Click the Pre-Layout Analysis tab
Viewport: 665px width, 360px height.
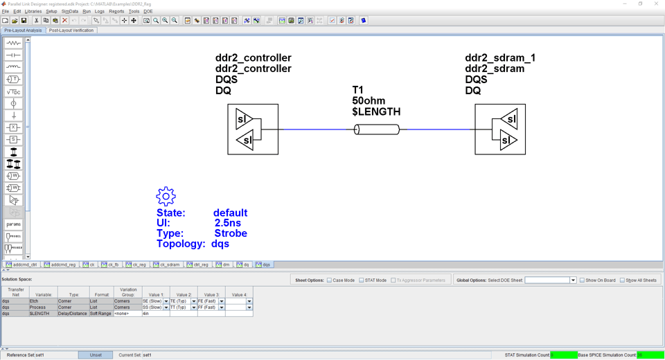point(23,30)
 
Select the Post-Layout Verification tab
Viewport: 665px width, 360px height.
point(71,30)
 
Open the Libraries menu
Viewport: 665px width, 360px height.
point(33,11)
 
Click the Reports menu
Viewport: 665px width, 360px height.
point(116,11)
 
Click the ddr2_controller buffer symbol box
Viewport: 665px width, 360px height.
point(253,129)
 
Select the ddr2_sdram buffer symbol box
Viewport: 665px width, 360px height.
point(500,129)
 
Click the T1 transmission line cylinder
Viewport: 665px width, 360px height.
point(377,129)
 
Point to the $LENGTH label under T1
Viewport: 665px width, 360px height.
point(376,111)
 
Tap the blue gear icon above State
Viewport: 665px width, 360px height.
point(166,197)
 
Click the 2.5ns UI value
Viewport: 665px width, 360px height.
point(227,223)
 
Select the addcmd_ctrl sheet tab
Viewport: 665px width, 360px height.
point(21,264)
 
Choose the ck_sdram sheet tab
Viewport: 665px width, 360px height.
point(167,264)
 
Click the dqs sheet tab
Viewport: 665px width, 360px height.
point(263,264)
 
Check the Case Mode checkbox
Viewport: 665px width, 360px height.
point(330,280)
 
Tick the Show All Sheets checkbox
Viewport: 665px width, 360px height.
point(622,280)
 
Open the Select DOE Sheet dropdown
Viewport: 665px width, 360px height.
point(573,280)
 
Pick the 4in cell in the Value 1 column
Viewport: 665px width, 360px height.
point(155,314)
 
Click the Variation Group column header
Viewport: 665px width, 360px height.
point(128,294)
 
